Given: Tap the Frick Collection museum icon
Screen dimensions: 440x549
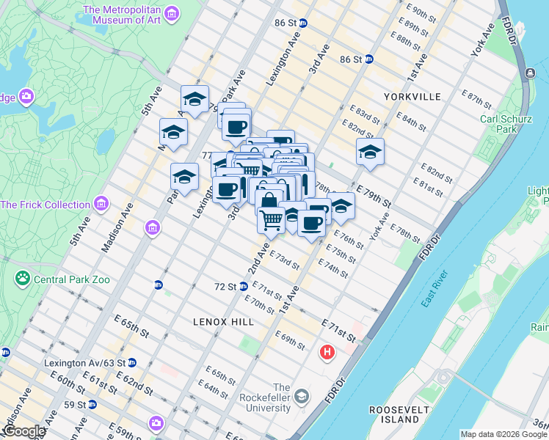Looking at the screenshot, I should (x=101, y=203).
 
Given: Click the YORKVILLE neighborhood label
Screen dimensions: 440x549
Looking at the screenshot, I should (x=411, y=97).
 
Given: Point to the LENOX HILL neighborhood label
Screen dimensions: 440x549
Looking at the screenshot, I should (x=223, y=322).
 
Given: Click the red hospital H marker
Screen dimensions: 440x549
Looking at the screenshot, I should (x=327, y=353).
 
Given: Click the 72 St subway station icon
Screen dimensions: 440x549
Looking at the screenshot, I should (x=243, y=286).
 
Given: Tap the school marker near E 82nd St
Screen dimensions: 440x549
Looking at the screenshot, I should (x=370, y=153).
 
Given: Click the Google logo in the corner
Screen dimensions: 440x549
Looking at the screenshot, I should (x=23, y=431).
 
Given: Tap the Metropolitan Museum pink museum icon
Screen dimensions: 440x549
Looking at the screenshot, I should (x=171, y=15).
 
